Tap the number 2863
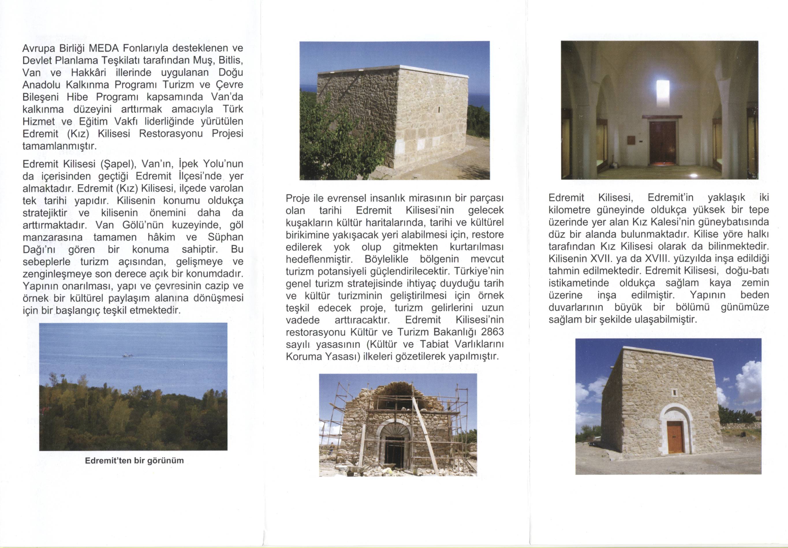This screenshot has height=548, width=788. tap(492, 332)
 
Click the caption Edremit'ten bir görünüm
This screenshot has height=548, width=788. tap(134, 461)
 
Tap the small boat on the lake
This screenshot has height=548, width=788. tap(127, 356)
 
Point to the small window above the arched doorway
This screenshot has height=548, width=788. tap(673, 392)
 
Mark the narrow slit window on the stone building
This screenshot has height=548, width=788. tap(439, 109)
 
